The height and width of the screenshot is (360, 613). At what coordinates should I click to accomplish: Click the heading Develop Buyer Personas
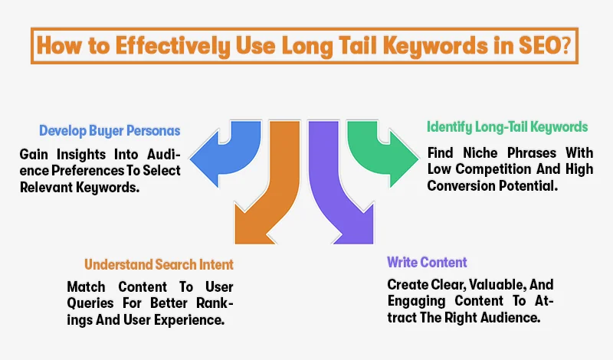pos(110,129)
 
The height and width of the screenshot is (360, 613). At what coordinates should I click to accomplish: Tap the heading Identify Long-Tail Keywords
pos(508,126)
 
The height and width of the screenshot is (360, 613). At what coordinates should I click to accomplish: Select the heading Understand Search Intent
pos(159,265)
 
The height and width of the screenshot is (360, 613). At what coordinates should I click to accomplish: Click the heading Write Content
pos(427,262)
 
